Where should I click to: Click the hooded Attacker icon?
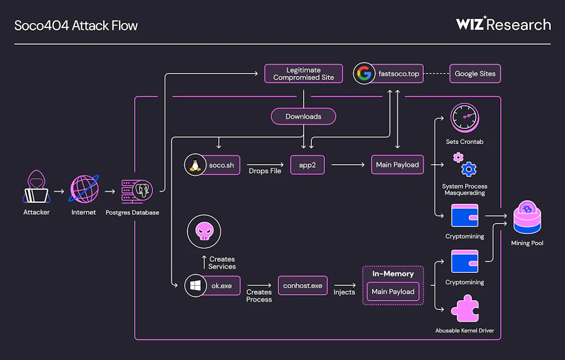36,188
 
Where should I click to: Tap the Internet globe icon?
83,188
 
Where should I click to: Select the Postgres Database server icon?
137,189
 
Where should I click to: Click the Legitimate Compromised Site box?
303,74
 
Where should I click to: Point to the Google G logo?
364,74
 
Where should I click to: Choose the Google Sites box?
475,74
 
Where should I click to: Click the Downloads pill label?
303,116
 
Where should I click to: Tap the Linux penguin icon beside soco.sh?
194,165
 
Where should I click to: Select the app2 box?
307,165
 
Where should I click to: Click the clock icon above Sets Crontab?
465,118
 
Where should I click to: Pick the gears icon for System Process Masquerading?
464,165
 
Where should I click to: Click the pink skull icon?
204,231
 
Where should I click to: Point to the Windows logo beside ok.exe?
194,286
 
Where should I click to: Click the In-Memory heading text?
393,274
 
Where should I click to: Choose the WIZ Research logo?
503,25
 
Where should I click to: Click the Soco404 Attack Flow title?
76,25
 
